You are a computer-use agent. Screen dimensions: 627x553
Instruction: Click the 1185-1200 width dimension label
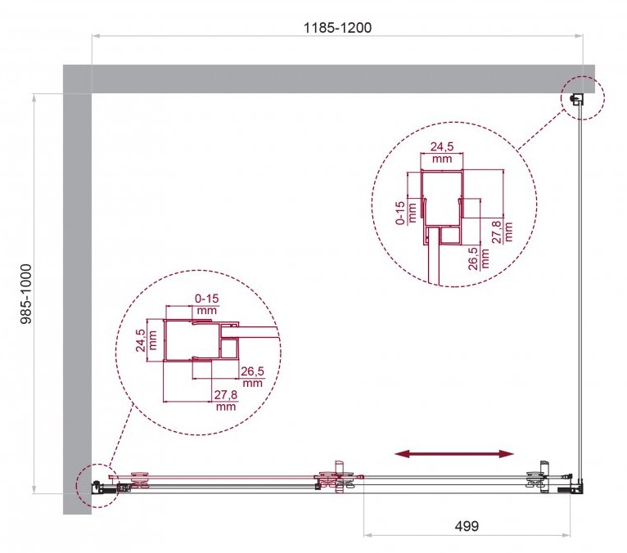[337, 28]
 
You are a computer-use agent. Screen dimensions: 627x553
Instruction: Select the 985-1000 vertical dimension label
[26, 294]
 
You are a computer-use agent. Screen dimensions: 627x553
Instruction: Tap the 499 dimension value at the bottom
[467, 526]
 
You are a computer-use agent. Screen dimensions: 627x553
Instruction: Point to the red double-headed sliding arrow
[453, 453]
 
